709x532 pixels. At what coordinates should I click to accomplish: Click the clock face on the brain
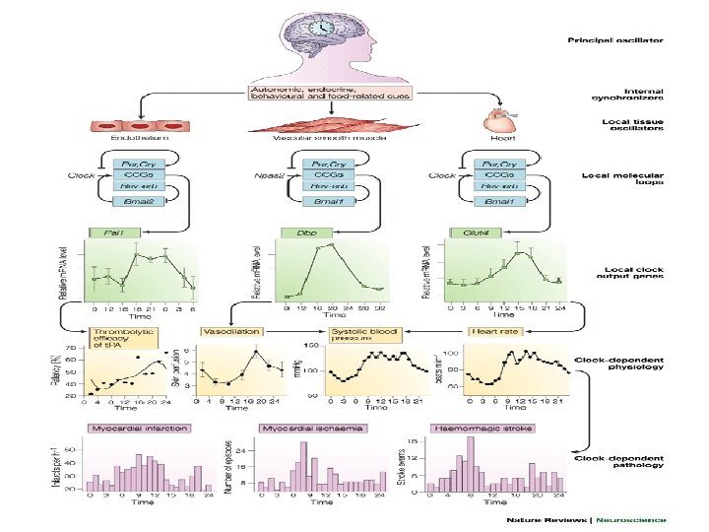pos(323,31)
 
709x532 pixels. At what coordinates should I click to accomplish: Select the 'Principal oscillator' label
pos(615,40)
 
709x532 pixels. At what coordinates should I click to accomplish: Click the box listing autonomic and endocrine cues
pos(331,94)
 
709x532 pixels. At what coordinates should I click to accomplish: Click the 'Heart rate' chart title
pos(495,332)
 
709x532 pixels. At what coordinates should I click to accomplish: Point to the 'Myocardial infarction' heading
pos(139,429)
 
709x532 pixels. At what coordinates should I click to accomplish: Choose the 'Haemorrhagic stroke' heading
pos(477,429)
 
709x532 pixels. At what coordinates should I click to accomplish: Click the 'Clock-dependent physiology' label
pos(617,367)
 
